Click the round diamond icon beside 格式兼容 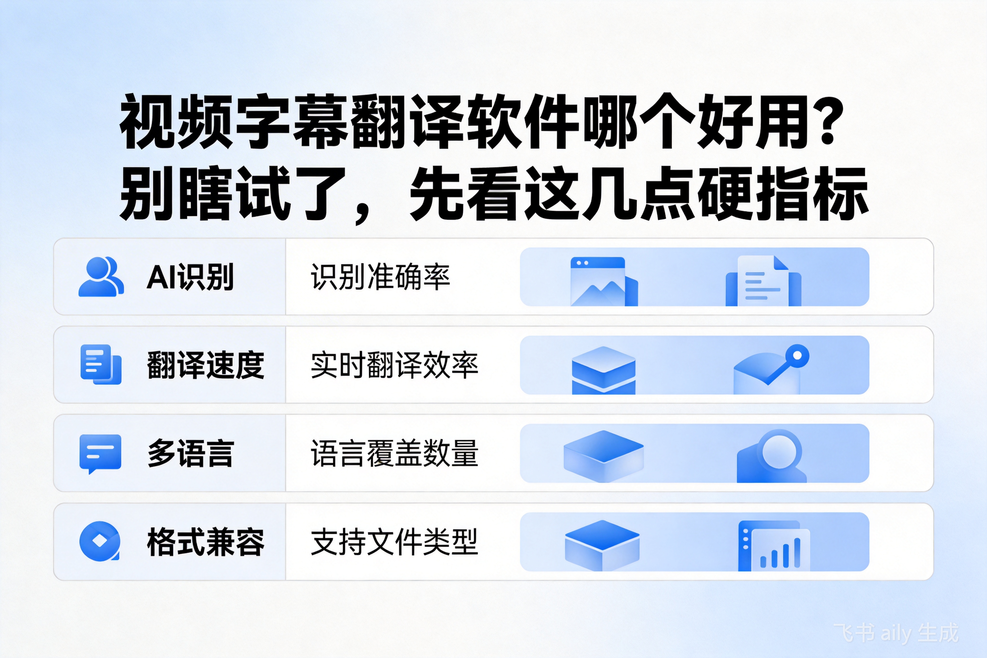(100, 541)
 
